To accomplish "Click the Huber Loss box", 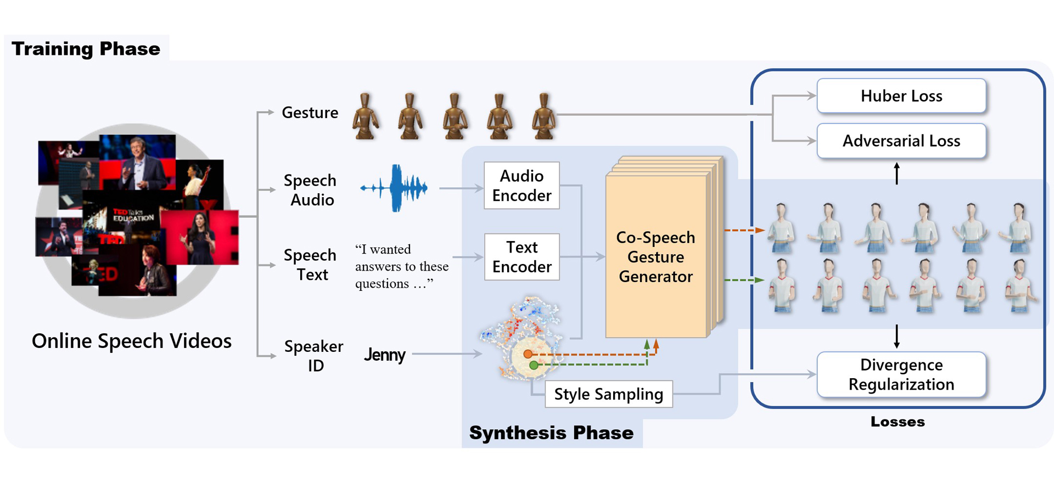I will point(901,96).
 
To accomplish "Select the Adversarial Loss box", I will point(901,141).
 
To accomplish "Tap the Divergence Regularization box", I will point(901,374).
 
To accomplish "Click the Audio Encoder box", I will point(522,186).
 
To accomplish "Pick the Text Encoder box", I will point(522,257).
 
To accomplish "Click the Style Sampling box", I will point(608,394).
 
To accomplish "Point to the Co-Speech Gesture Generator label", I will point(655,257).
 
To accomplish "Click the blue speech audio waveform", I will point(395,188).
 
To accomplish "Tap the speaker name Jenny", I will point(384,355).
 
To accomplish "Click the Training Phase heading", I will point(86,49).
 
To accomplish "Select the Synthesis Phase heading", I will point(551,433).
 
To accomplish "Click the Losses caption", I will point(898,422).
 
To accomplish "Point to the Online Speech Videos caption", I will point(132,341).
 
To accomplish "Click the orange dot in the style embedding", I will point(528,354).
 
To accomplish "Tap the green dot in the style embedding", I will point(534,365).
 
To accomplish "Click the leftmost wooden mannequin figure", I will point(366,116).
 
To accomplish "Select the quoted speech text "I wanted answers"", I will point(401,266).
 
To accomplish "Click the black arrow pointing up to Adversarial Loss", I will point(896,173).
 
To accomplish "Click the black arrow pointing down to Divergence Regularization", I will point(896,336).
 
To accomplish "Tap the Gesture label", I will point(310,113).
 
